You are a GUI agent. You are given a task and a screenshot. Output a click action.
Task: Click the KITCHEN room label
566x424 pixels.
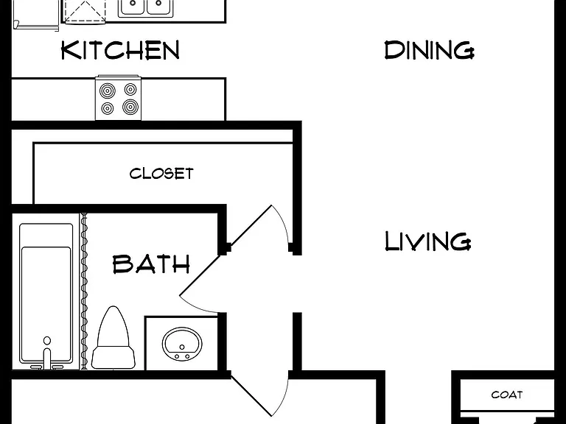pos(120,50)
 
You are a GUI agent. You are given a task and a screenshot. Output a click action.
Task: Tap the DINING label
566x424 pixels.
pos(429,50)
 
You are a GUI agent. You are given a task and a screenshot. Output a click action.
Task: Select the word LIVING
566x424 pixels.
pos(428,241)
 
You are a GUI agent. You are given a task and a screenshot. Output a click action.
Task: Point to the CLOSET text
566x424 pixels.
pos(161,174)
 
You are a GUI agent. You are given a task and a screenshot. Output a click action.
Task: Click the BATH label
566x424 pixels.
pos(151,264)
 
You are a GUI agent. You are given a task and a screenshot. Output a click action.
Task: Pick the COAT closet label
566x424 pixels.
pos(507,395)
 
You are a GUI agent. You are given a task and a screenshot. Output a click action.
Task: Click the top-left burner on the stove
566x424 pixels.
pos(107,90)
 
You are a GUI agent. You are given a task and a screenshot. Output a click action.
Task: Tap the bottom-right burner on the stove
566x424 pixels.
pos(130,107)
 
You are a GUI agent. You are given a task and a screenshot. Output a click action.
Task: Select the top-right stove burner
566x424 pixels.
pos(130,88)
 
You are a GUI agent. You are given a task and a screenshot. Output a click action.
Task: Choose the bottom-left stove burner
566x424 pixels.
pos(107,108)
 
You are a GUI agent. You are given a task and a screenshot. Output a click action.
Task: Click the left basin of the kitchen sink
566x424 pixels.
pos(133,7)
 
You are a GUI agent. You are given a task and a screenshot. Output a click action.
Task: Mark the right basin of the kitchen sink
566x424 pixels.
pos(159,7)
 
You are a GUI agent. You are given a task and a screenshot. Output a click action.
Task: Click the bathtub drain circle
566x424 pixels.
pos(47,340)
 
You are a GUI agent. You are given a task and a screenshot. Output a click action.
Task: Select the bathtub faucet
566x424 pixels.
pos(47,359)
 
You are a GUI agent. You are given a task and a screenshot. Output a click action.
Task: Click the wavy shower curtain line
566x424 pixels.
pos(84,291)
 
